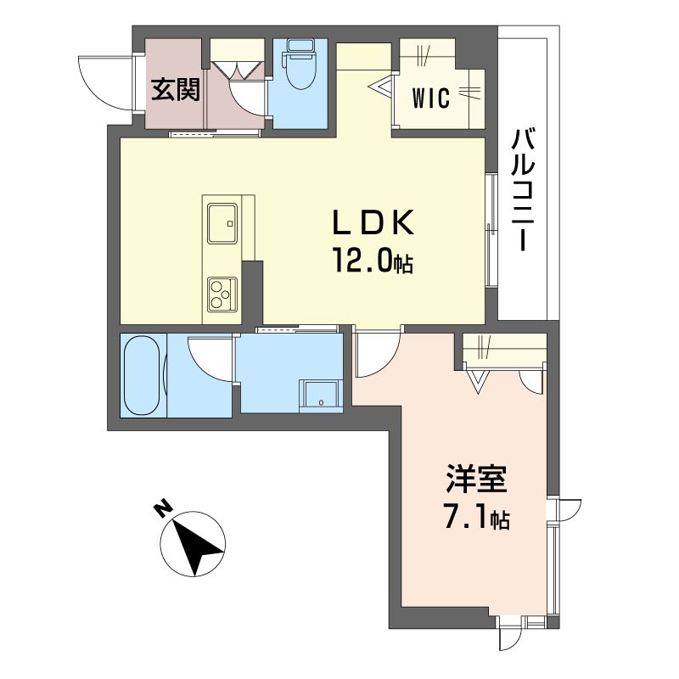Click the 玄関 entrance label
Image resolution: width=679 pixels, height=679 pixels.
176,90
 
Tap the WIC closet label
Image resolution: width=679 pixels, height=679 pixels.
431,98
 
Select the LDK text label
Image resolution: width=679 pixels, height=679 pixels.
373,223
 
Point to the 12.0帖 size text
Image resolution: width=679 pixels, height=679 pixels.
373,261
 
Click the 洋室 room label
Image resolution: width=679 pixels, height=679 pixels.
476,479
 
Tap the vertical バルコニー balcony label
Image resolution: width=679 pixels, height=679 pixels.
523,189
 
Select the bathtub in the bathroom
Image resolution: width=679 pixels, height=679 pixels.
141,376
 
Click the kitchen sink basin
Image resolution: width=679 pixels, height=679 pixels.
222,223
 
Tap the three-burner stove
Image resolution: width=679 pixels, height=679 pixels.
222,295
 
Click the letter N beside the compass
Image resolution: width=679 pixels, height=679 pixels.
162,509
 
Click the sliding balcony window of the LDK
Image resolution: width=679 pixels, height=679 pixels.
491,229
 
